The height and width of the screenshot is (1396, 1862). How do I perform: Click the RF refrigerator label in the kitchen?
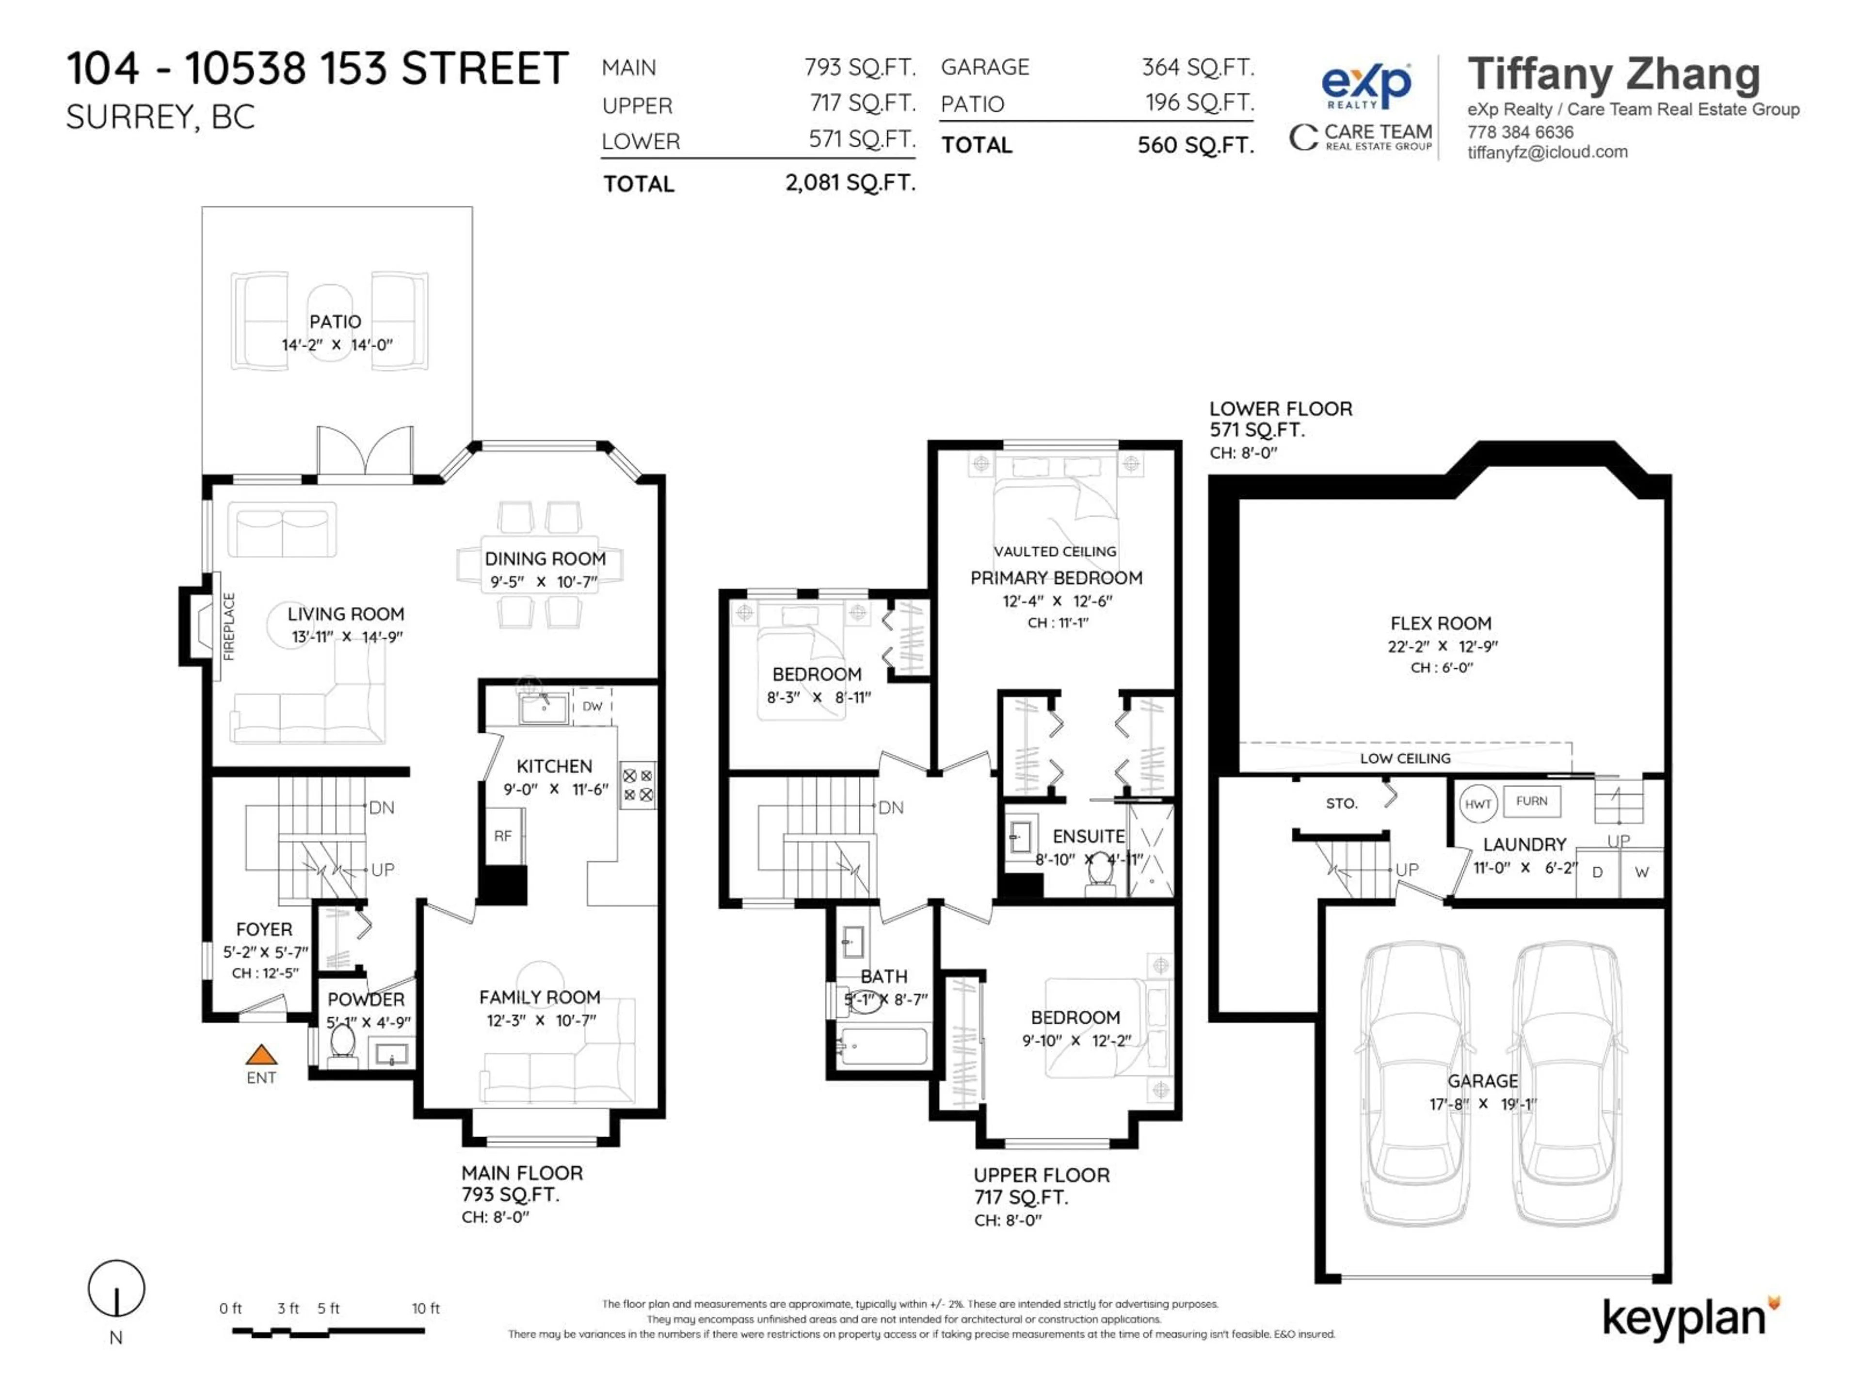point(502,836)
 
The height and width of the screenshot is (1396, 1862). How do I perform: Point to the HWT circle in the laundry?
point(1477,804)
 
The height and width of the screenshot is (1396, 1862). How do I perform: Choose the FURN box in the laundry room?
point(1531,801)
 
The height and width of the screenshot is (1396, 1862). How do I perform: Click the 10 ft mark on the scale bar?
point(425,1308)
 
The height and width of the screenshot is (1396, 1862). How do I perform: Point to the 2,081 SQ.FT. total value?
point(850,183)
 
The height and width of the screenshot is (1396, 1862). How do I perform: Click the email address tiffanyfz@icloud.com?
point(1547,152)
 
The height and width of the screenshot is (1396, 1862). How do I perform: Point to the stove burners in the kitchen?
point(637,785)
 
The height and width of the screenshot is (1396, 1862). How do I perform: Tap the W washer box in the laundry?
point(1641,872)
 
